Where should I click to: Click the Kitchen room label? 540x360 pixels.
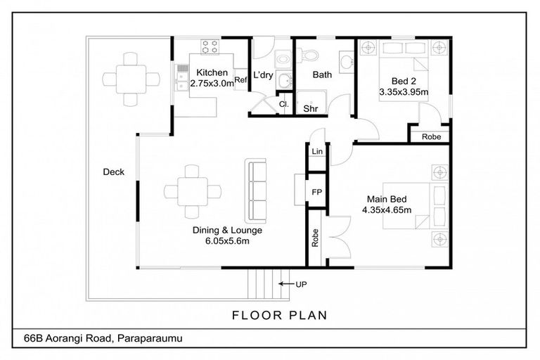click(212, 72)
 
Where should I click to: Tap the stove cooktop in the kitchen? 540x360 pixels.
click(210, 46)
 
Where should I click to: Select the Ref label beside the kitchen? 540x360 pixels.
click(240, 80)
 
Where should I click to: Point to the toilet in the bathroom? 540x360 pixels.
click(307, 55)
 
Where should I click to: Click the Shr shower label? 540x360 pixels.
click(310, 108)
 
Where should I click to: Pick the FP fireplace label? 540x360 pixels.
click(317, 192)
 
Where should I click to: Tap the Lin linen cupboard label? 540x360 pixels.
click(317, 151)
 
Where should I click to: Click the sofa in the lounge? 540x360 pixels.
click(255, 191)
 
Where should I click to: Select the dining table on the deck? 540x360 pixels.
click(131, 79)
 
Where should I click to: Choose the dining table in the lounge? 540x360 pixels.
click(193, 191)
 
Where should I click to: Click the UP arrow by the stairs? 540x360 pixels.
click(285, 284)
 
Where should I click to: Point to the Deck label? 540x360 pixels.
click(114, 172)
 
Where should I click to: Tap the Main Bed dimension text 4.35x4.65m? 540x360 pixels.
click(387, 210)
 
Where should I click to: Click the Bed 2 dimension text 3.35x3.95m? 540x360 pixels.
click(404, 92)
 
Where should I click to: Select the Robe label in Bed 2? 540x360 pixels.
click(431, 137)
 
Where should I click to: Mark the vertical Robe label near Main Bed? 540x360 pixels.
click(315, 238)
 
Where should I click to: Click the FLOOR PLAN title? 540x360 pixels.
click(280, 315)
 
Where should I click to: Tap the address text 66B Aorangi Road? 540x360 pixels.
click(67, 338)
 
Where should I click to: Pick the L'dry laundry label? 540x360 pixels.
click(263, 75)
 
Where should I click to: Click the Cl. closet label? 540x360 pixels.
click(284, 104)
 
